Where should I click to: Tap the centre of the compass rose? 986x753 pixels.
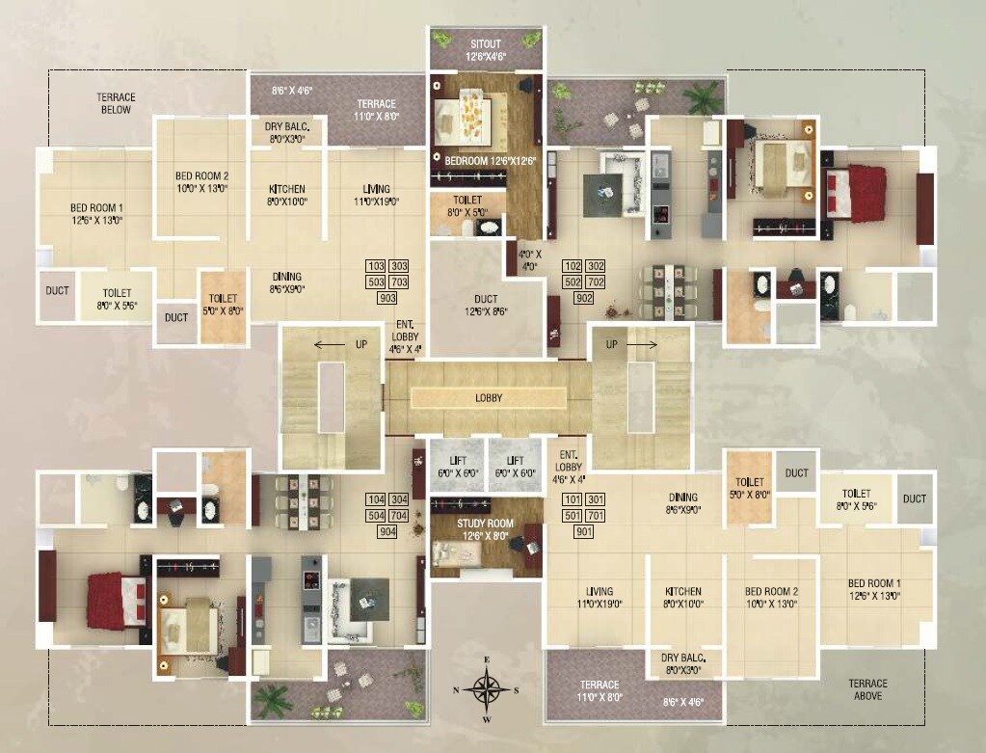[488, 689]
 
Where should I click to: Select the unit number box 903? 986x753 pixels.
[387, 299]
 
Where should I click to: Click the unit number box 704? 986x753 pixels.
[399, 516]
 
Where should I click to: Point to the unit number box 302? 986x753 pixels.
[596, 265]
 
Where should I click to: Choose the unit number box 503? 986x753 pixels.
[376, 282]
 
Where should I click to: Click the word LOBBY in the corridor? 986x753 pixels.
[488, 397]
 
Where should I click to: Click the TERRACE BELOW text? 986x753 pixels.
[116, 103]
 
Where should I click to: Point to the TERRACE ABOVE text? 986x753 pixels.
[867, 688]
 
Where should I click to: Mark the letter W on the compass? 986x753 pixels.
[488, 719]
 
